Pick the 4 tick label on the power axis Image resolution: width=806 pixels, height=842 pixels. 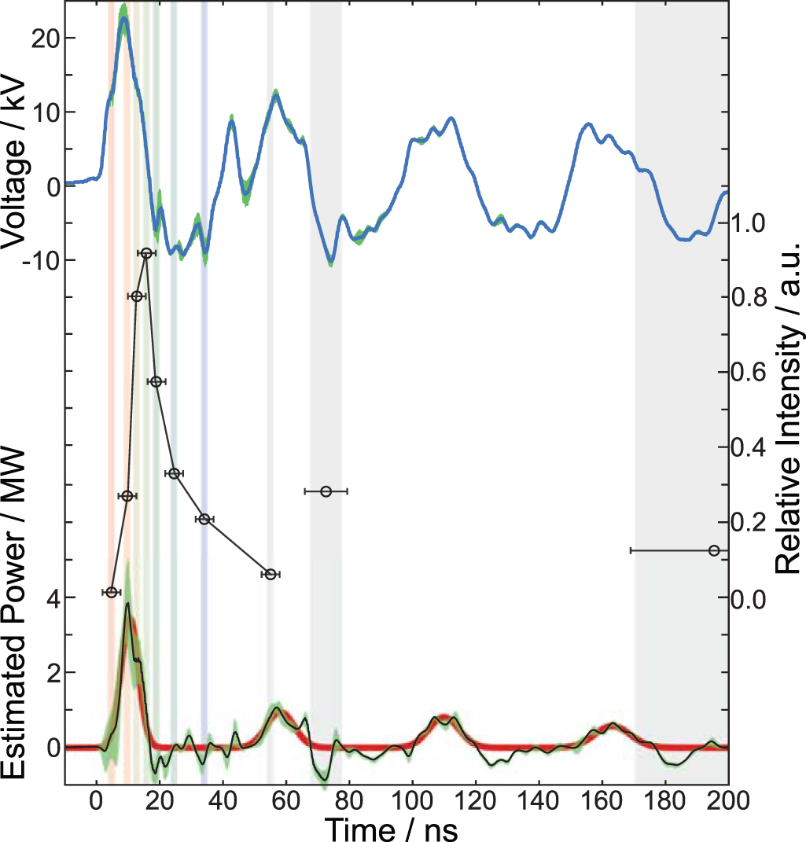[x=53, y=597]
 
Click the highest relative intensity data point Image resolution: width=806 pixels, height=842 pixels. [x=146, y=253]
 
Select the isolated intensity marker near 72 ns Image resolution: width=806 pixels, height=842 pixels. [x=326, y=491]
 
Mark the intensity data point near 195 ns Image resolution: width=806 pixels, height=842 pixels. [x=714, y=550]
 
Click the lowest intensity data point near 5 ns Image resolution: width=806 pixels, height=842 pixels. [x=112, y=592]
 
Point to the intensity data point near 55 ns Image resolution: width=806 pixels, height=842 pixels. [x=271, y=575]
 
